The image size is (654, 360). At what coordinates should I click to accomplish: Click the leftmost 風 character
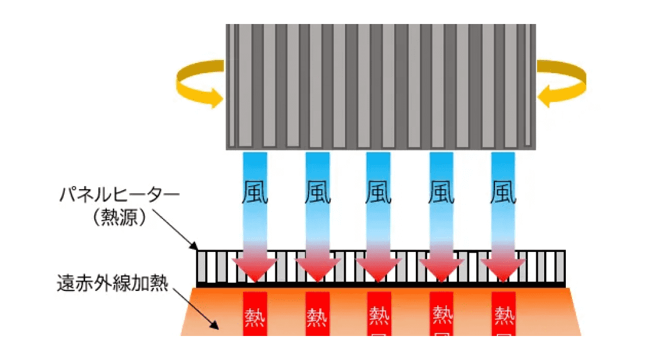pos(255,192)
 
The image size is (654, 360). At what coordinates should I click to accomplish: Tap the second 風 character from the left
pos(318,192)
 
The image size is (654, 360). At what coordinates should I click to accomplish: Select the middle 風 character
pos(379,192)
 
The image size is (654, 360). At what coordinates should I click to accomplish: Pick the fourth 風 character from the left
pos(442,192)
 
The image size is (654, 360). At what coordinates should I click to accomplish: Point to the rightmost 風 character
pos(503,192)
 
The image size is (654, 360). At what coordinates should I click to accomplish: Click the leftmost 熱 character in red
pos(255,314)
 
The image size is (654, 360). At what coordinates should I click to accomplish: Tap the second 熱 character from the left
pos(317,314)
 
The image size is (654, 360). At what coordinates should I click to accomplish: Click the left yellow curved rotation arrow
pos(199,83)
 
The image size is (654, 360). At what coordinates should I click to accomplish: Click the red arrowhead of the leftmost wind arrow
pos(255,269)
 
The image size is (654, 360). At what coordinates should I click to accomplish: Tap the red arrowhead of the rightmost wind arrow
pos(503,269)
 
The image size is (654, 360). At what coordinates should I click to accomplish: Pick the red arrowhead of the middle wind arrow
pos(379,269)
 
